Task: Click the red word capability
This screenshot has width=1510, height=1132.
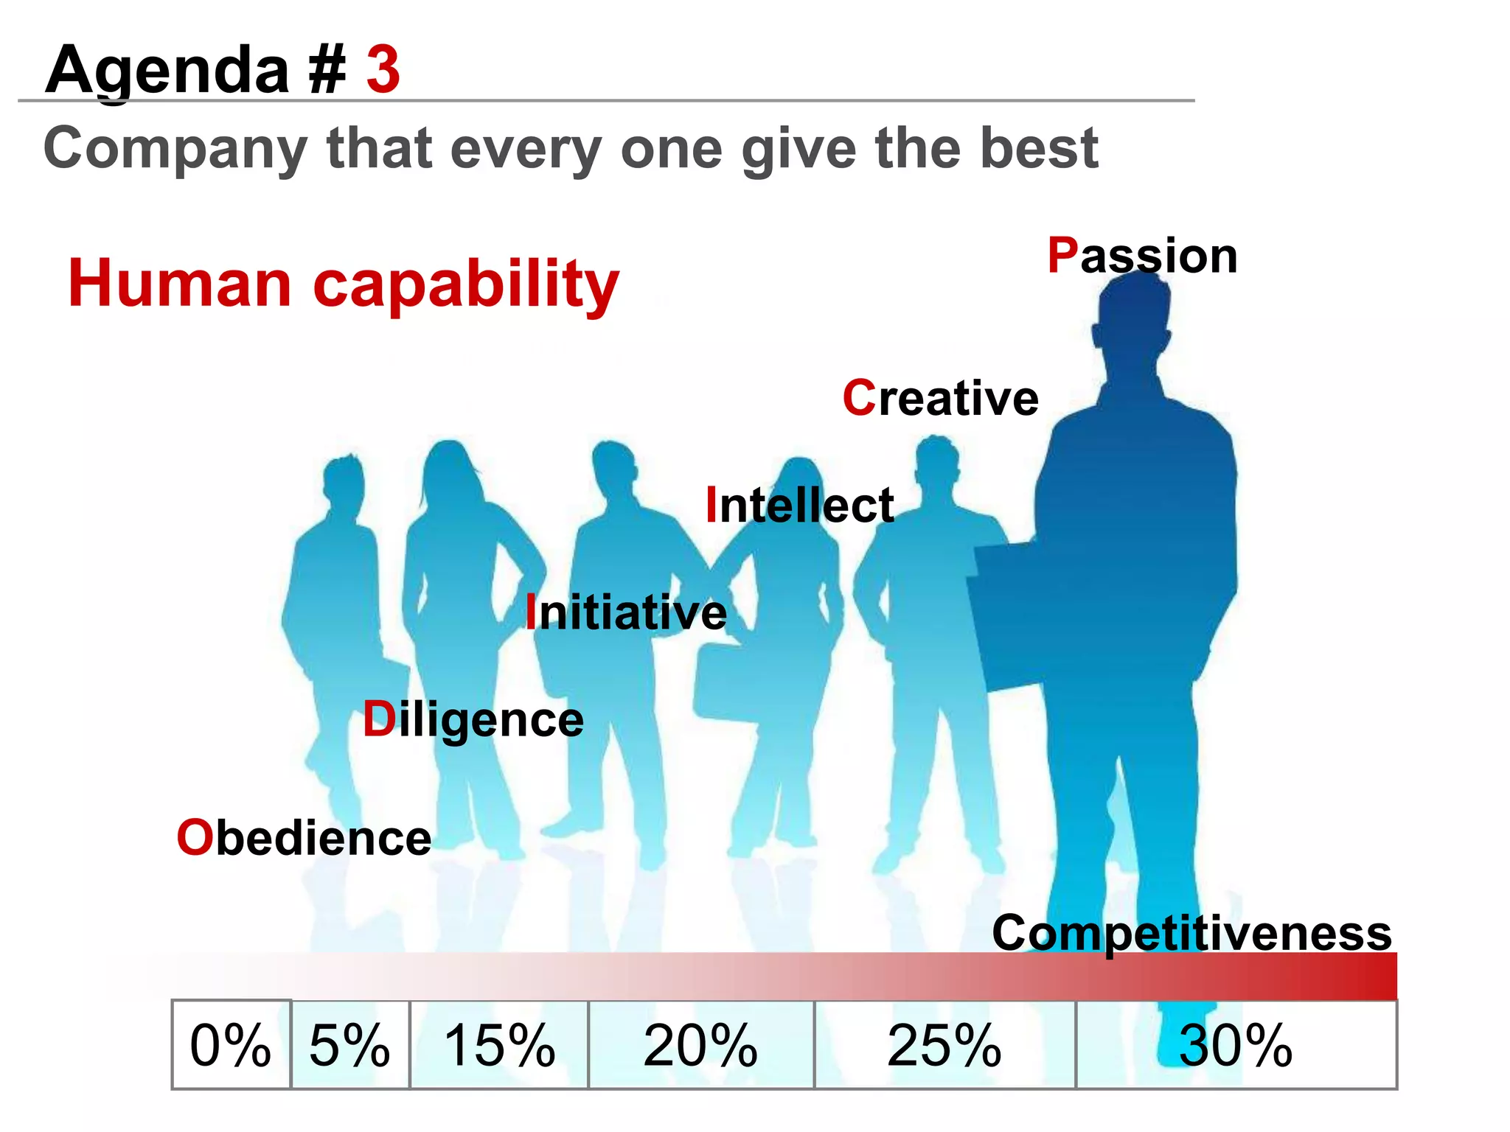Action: [x=466, y=286]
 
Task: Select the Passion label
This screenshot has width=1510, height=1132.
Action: [x=1142, y=256]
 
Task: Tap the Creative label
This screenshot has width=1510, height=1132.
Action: [x=940, y=398]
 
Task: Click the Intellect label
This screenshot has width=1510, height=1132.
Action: [x=799, y=506]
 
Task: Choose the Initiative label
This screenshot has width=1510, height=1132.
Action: [x=626, y=612]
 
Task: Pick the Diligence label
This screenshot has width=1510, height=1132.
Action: [x=473, y=720]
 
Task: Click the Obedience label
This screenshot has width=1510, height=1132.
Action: [x=304, y=838]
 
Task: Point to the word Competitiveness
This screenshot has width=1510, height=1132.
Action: [x=1191, y=933]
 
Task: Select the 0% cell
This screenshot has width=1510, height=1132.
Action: [x=231, y=1044]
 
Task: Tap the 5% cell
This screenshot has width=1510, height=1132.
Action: [x=350, y=1044]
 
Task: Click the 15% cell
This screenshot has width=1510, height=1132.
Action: [x=499, y=1044]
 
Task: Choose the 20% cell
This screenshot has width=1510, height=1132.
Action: [x=700, y=1044]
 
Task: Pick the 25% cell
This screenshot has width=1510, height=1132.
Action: [x=944, y=1044]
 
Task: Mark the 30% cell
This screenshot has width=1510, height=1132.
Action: [x=1236, y=1044]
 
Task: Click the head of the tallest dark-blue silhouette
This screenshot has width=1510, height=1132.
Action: [x=1131, y=310]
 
